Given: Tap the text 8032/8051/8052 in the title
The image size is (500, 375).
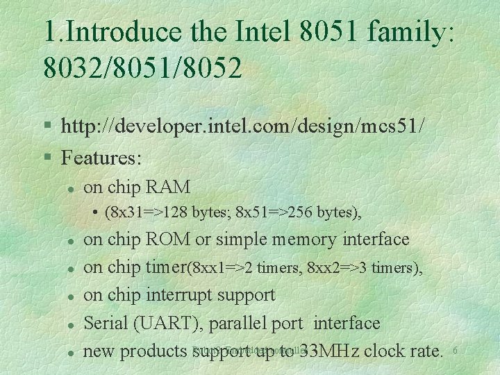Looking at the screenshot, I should coord(142,67).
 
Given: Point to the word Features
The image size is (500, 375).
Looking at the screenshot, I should coord(101,158).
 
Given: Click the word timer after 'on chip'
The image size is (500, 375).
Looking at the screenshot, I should coord(167,267).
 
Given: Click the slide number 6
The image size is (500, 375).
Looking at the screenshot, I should coord(455,351).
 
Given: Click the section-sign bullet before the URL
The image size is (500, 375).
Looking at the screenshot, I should coord(47,127).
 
